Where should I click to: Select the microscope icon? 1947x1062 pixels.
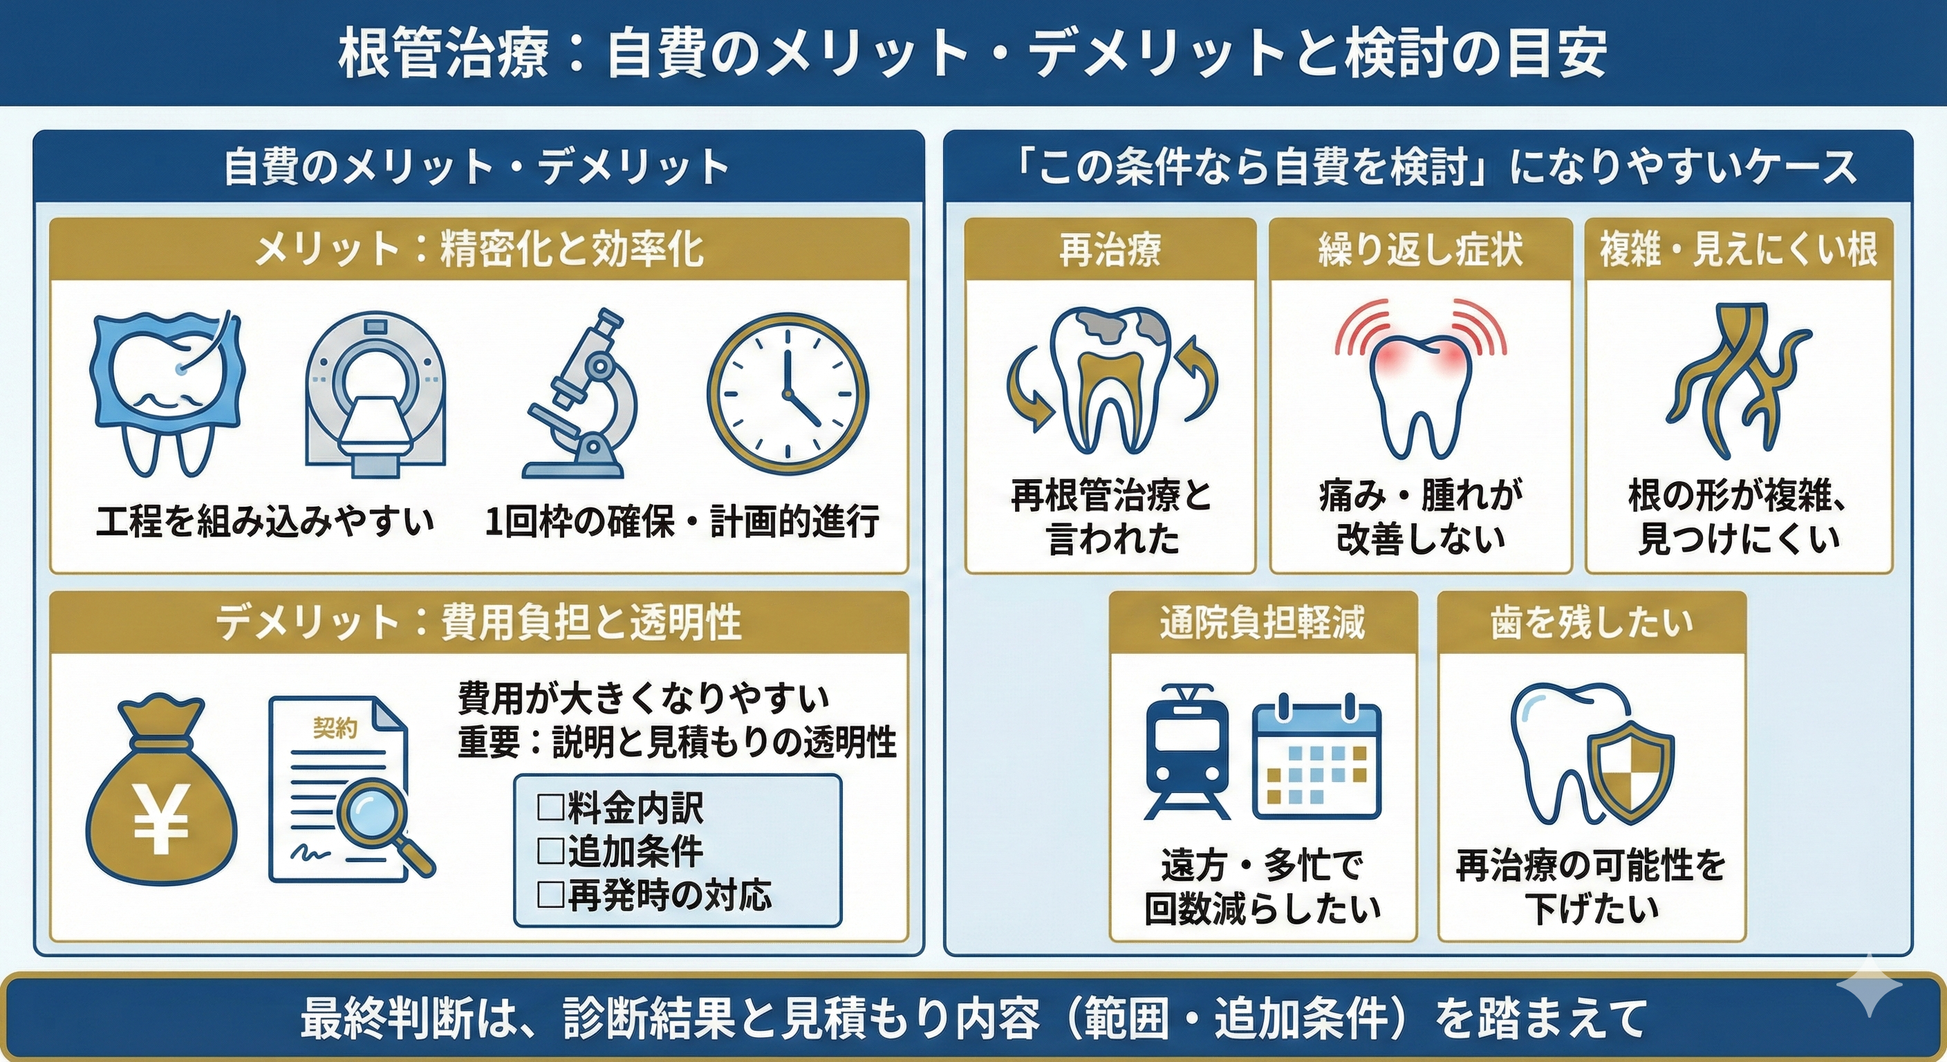[x=579, y=392]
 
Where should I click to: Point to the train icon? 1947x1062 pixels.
[x=1186, y=753]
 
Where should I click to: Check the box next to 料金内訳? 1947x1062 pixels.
[x=550, y=808]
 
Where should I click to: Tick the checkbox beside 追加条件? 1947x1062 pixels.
[x=550, y=851]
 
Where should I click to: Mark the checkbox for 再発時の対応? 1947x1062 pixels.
[x=550, y=895]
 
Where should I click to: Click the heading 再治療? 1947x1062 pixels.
[x=1110, y=250]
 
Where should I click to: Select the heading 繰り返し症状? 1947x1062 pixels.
[x=1420, y=250]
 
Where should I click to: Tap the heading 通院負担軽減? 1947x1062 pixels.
[x=1263, y=623]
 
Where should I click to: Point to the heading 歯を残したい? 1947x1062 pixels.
[x=1592, y=623]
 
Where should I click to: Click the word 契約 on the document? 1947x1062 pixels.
[x=335, y=728]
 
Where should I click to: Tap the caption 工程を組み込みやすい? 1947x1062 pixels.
[x=265, y=522]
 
